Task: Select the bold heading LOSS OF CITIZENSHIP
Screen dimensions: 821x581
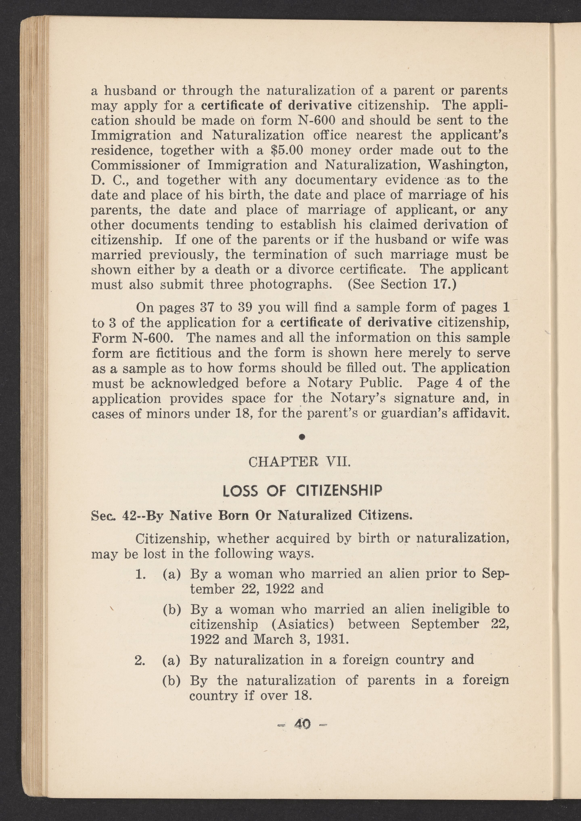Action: point(302,490)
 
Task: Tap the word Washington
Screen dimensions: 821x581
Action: point(468,165)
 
